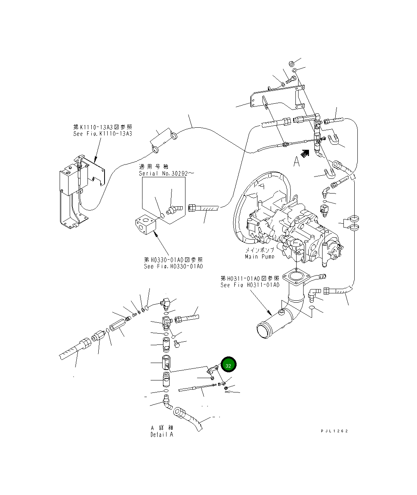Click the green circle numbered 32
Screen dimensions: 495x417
click(228, 365)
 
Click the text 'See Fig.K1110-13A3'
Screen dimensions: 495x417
click(103, 134)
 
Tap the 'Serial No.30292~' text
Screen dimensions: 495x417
click(163, 173)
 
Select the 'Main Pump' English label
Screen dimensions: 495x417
click(259, 257)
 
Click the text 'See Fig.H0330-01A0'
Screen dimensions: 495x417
click(173, 266)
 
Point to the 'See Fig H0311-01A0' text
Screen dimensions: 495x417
click(249, 285)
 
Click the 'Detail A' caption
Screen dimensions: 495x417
click(162, 435)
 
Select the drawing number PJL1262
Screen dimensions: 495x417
click(334, 431)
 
